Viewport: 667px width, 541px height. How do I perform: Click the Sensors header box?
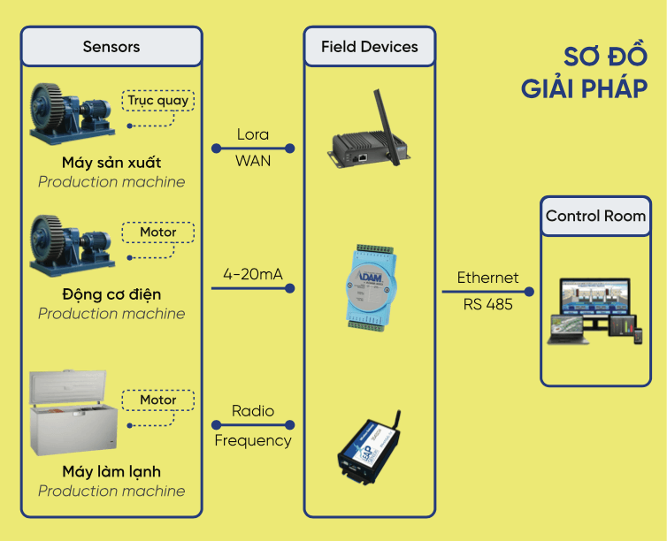111,47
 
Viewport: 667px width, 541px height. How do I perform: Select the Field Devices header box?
370,47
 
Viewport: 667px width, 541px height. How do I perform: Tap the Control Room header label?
595,217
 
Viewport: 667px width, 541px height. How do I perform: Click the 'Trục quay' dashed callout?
157,101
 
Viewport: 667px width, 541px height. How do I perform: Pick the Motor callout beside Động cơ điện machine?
158,232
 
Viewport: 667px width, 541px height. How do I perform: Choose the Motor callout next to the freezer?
158,400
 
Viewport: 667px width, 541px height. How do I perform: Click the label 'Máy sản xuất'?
111,163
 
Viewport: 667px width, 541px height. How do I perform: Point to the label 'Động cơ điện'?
111,294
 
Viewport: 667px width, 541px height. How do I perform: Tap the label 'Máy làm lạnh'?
111,472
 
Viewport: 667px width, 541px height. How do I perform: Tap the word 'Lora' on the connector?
253,135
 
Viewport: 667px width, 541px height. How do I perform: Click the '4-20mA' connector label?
253,275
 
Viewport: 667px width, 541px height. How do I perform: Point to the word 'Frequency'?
253,440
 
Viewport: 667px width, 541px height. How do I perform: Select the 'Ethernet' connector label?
487,278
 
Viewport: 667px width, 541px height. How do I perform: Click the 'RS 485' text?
487,305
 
